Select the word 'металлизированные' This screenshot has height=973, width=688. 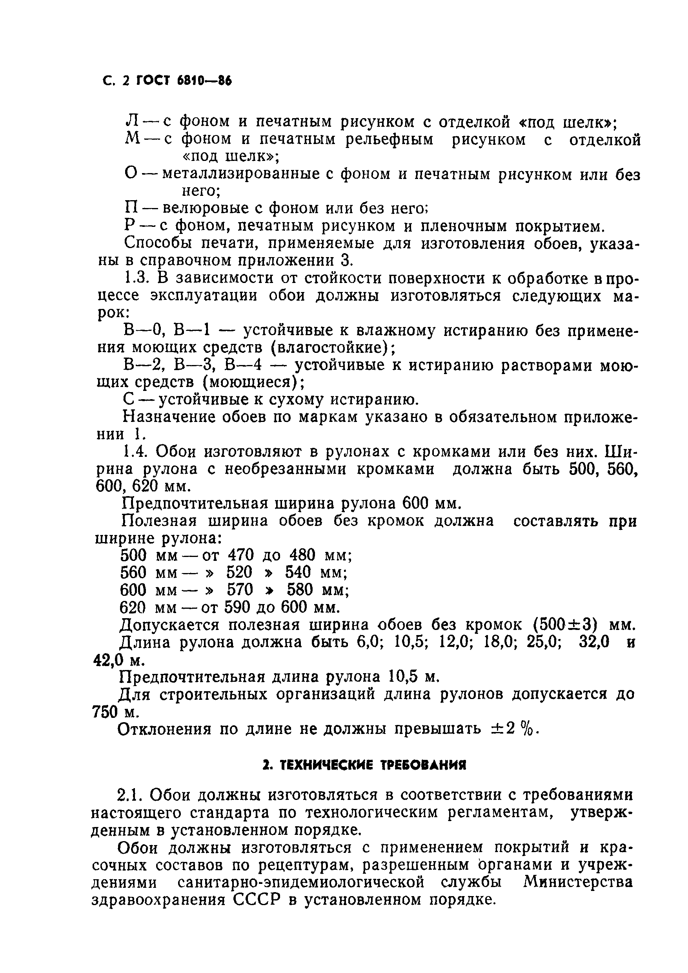(240, 174)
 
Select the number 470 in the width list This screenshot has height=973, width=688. (240, 555)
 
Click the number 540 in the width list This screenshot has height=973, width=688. (298, 572)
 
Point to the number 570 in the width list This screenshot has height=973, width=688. (240, 590)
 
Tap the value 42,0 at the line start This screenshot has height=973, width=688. (107, 660)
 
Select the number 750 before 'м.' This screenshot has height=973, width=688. (105, 712)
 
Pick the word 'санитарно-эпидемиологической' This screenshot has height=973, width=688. (301, 882)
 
